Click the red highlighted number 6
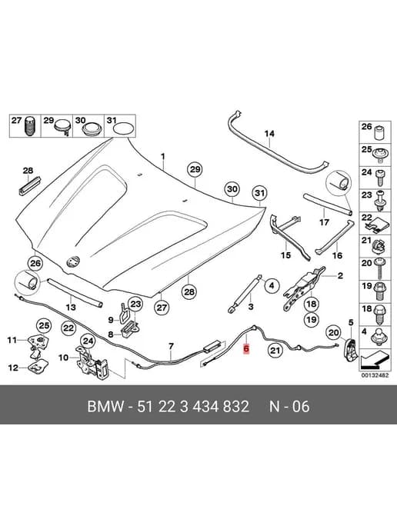pyautogui.click(x=246, y=348)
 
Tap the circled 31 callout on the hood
pyautogui.click(x=259, y=193)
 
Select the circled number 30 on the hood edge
pyautogui.click(x=232, y=189)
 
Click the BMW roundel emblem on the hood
pyautogui.click(x=73, y=261)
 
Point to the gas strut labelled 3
pyautogui.click(x=245, y=293)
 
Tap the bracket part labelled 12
pyautogui.click(x=36, y=367)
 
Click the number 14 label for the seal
pyautogui.click(x=269, y=134)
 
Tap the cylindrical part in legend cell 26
pyautogui.click(x=380, y=132)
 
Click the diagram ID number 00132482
pyautogui.click(x=375, y=375)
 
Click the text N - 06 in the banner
pyautogui.click(x=289, y=406)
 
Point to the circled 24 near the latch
pyautogui.click(x=88, y=341)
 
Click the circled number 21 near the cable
pyautogui.click(x=275, y=351)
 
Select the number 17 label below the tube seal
pyautogui.click(x=324, y=223)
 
